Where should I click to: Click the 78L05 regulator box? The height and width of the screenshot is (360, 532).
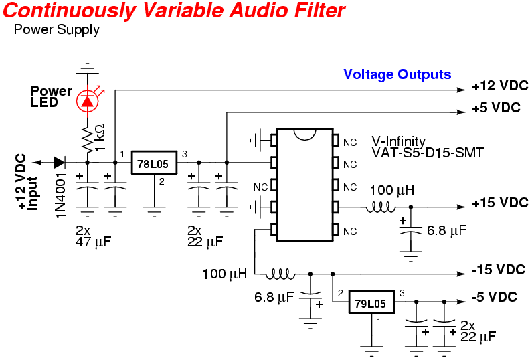point(153,163)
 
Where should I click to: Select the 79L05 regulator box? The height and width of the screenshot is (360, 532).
point(371,304)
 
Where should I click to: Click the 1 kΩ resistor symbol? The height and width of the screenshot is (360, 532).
point(87,140)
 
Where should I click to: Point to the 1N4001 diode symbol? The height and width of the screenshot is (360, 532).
point(60,162)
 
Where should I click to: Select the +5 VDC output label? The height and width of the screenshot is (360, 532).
point(495,108)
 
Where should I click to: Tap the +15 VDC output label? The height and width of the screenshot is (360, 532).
point(499,203)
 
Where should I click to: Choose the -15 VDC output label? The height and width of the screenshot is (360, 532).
point(497,270)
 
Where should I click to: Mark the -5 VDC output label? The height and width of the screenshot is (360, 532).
point(495,297)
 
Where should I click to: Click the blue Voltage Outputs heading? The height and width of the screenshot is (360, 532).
point(397,74)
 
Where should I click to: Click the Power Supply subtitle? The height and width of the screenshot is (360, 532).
point(56,30)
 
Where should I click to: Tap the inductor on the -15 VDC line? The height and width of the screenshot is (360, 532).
point(280,274)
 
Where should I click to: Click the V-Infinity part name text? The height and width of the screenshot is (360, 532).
point(398,141)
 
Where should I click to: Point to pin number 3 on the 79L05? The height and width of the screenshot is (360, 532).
point(402,292)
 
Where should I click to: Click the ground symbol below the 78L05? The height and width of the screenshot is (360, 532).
point(153,213)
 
